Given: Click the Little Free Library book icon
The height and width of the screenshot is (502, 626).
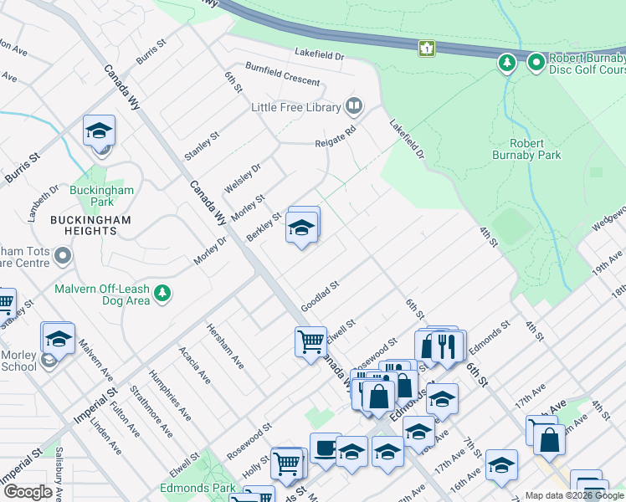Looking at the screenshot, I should [354, 106].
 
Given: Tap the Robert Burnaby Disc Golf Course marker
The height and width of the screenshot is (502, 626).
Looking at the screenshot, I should [536, 63].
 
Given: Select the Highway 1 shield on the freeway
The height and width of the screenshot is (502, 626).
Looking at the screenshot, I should [428, 49].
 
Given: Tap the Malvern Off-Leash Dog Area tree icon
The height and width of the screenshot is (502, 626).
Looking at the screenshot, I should [162, 294].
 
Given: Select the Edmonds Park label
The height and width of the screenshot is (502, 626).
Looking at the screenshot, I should [186, 487].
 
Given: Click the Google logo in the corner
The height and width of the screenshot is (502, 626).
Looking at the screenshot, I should [28, 491].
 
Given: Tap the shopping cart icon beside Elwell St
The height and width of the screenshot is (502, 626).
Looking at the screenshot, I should [310, 341].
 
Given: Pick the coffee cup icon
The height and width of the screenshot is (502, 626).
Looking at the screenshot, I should [325, 448].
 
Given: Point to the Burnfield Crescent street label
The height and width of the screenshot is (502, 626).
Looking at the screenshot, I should [282, 74].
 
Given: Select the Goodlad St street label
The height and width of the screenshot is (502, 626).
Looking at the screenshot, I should [320, 295].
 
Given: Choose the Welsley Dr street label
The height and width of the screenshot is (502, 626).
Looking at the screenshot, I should [243, 177].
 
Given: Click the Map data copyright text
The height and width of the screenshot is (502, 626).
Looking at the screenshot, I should [574, 494].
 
